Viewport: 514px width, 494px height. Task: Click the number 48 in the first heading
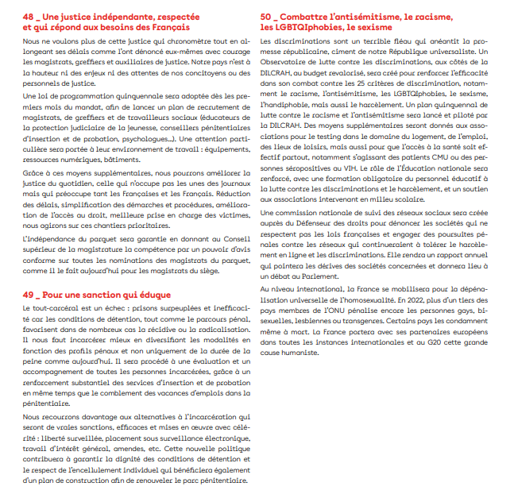point(29,16)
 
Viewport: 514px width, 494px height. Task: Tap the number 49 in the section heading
point(29,272)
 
